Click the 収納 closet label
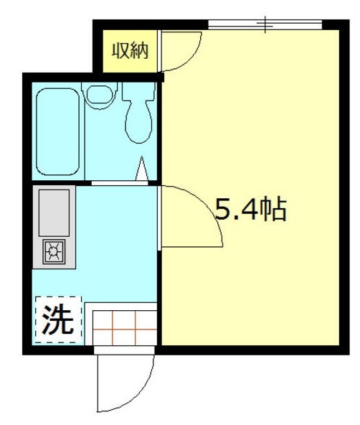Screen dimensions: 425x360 click(129, 51)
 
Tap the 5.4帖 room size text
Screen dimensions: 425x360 click(251, 210)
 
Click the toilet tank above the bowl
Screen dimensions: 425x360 click(138, 92)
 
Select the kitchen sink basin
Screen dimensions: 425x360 click(54, 212)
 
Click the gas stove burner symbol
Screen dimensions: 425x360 click(55, 251)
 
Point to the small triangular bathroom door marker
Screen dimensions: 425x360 click(143, 169)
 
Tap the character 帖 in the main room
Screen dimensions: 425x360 click(273, 210)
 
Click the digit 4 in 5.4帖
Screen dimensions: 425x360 click(248, 210)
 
